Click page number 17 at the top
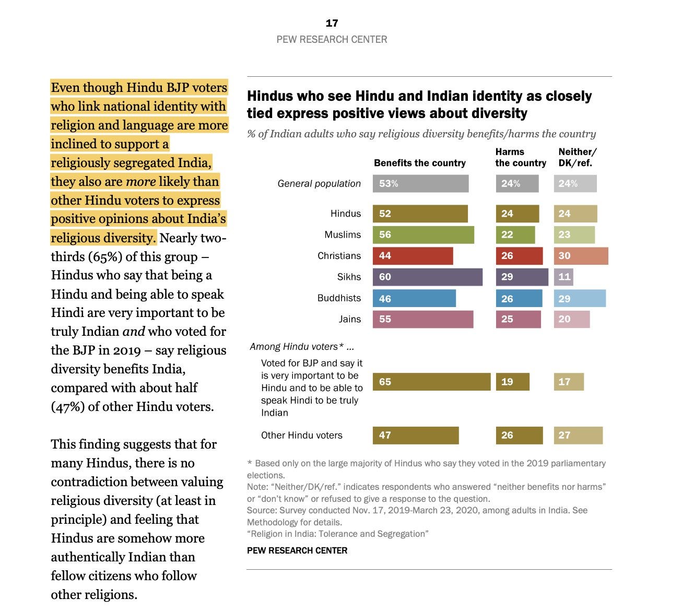pyautogui.click(x=332, y=23)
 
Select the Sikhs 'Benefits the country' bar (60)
pyautogui.click(x=427, y=277)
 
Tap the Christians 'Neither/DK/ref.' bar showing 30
pyautogui.click(x=581, y=256)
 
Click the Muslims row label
pyautogui.click(x=343, y=235)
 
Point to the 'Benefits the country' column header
pyautogui.click(x=419, y=163)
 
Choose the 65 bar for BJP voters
pyautogui.click(x=431, y=382)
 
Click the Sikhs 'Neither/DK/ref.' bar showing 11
pyautogui.click(x=563, y=277)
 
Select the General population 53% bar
pyautogui.click(x=420, y=184)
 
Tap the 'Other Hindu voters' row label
pyautogui.click(x=301, y=436)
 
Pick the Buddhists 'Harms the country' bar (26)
pyautogui.click(x=519, y=298)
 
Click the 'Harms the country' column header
pyautogui.click(x=520, y=157)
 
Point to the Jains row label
pyautogui.click(x=349, y=319)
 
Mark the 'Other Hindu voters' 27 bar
pyautogui.click(x=578, y=436)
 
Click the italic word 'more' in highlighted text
pyautogui.click(x=141, y=182)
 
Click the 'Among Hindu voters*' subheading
pyautogui.click(x=302, y=346)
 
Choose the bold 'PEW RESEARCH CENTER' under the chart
pyautogui.click(x=297, y=550)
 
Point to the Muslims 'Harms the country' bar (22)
pyautogui.click(x=515, y=235)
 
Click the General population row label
pyautogui.click(x=319, y=184)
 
